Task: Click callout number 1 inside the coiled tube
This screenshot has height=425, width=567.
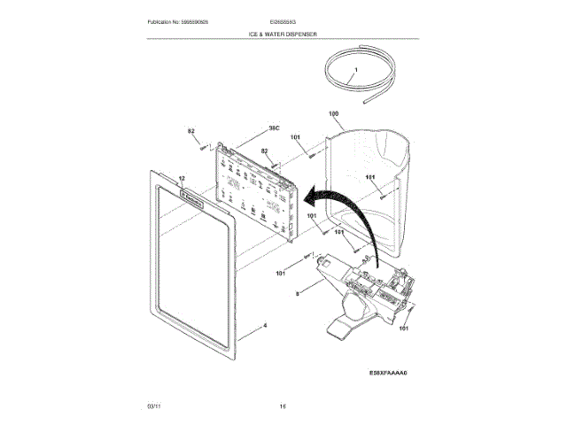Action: pos(354,69)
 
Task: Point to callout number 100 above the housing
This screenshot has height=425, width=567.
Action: pos(333,114)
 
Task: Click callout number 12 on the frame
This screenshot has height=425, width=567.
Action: pos(181,178)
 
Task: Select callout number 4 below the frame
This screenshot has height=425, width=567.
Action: pos(264,326)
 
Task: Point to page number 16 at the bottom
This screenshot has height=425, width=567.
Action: pos(283,405)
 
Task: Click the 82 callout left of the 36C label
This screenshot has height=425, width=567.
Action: pos(190,132)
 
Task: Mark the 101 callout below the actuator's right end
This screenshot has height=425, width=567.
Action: pos(404,329)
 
